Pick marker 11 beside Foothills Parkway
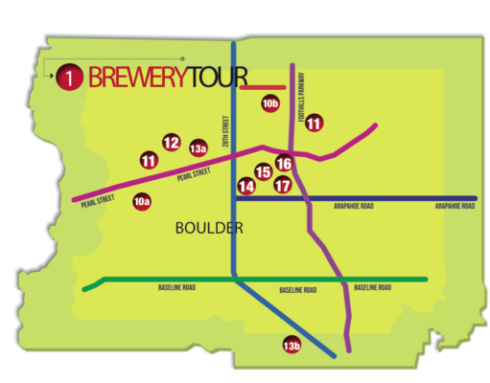[x=314, y=123]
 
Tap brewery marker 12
[x=171, y=143]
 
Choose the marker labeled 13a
[x=198, y=148]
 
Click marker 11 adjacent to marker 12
[x=149, y=161]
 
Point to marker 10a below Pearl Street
[x=142, y=202]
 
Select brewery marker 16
[x=284, y=164]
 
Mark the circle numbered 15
[x=263, y=172]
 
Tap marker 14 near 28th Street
[x=247, y=187]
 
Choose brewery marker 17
[x=282, y=186]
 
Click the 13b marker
[x=292, y=345]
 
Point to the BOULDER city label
[x=210, y=229]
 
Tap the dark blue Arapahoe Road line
[x=384, y=198]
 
